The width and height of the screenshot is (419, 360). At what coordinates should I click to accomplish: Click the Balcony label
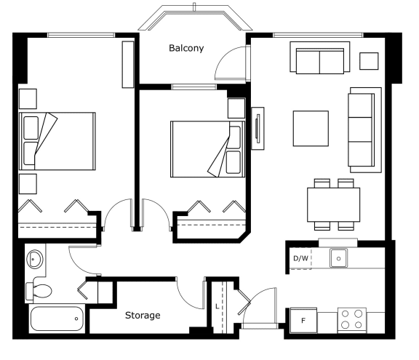(186, 48)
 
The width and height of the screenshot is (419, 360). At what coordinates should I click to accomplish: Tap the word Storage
(143, 316)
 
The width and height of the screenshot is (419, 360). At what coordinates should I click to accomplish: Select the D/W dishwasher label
(300, 258)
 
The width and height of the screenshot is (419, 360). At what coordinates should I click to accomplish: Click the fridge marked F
(303, 321)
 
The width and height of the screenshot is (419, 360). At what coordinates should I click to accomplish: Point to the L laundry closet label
(218, 306)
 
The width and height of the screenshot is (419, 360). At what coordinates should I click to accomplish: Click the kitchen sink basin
(338, 258)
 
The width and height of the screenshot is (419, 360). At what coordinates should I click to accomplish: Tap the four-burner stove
(351, 320)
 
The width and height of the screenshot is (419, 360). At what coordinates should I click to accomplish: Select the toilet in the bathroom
(39, 291)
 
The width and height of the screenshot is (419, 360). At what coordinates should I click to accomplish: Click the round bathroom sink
(35, 259)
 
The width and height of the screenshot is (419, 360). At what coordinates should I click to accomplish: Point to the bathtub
(57, 319)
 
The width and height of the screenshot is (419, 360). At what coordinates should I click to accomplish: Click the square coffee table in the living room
(311, 129)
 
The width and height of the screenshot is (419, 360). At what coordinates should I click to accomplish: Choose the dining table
(333, 204)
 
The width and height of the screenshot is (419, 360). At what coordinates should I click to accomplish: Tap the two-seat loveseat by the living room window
(320, 57)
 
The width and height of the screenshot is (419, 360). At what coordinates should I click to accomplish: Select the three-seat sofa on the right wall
(364, 129)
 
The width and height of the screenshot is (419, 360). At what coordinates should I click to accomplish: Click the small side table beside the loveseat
(369, 61)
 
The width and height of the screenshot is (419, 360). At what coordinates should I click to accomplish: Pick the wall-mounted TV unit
(258, 129)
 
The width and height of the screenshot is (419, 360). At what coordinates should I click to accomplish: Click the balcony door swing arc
(224, 57)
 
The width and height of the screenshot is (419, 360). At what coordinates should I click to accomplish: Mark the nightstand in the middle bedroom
(236, 108)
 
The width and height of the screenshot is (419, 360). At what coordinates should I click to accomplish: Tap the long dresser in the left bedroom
(128, 64)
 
